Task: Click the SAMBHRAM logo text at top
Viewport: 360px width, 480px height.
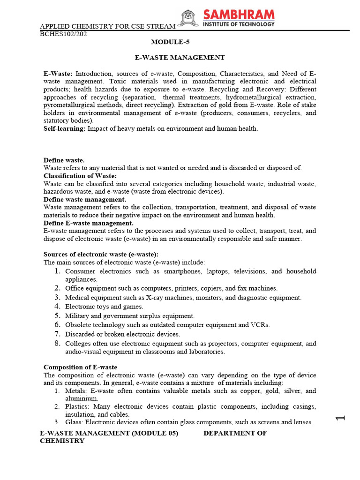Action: (239, 15)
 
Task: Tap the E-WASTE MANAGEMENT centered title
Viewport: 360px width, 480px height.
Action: (180, 58)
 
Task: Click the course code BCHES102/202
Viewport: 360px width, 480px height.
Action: (63, 34)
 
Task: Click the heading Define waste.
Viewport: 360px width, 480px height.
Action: (64, 160)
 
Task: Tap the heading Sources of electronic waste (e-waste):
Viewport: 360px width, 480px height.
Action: (94, 254)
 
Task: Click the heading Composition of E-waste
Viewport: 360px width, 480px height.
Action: (80, 367)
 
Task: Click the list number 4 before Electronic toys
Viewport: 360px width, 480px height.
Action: (57, 307)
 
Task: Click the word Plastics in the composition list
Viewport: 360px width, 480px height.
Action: (76, 406)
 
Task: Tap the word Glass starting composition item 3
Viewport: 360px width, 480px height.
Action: (73, 422)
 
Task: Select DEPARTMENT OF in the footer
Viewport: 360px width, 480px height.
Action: (235, 434)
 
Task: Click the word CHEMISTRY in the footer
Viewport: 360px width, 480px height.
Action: (62, 441)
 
